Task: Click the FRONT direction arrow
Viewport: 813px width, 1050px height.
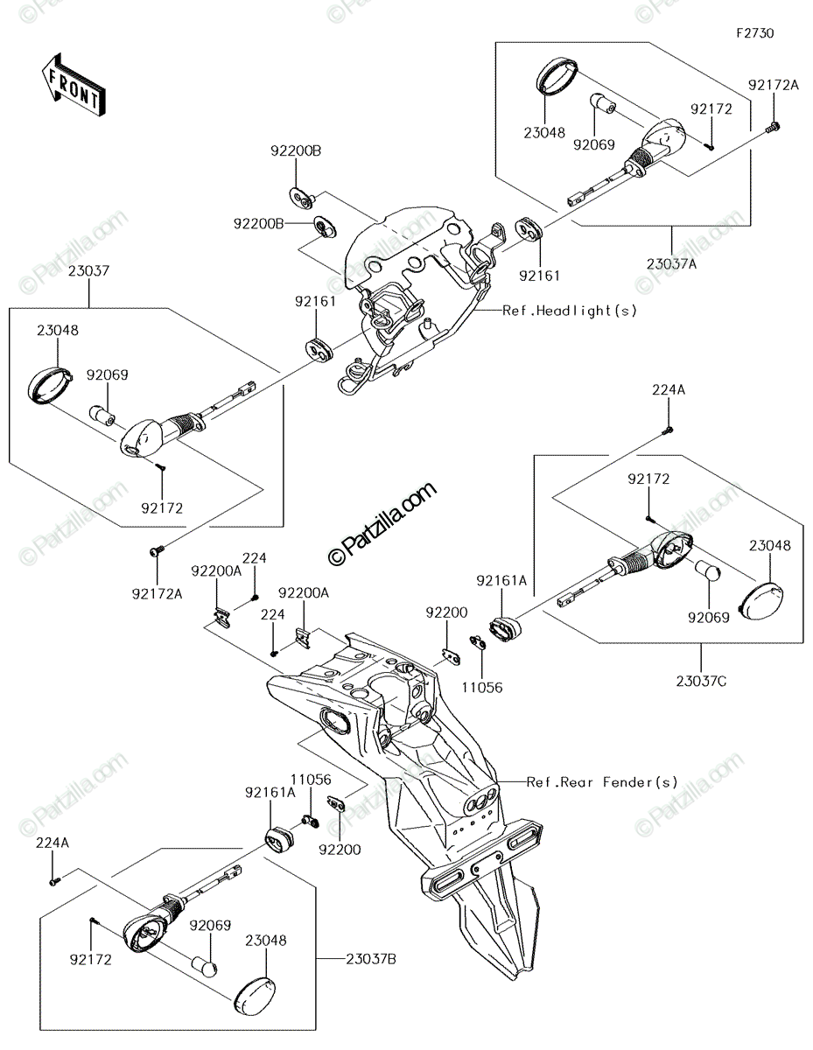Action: [73, 85]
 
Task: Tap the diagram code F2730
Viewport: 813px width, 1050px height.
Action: [755, 33]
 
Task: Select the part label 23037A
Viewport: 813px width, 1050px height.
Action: [672, 264]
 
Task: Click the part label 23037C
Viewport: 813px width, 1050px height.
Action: [701, 682]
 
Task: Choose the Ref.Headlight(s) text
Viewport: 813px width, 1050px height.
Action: [570, 311]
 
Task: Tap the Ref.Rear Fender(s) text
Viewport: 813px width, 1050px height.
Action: [602, 782]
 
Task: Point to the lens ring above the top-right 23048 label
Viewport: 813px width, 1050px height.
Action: [557, 74]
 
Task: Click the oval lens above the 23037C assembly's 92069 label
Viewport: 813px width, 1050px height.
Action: [761, 601]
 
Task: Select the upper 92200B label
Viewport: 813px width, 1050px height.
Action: [296, 151]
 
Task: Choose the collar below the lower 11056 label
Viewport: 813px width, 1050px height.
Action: [310, 821]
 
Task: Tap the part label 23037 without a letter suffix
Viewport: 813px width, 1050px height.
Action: [88, 270]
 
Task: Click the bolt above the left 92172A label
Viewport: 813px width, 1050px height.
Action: [157, 549]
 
